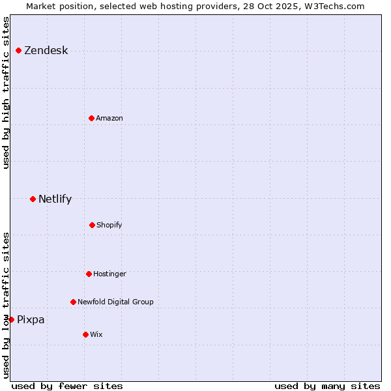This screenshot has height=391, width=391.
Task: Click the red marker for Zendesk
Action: [18, 50]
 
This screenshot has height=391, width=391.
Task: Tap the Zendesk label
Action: [46, 51]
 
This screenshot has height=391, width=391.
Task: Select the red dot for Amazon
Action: [91, 118]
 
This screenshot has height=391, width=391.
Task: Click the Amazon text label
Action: [109, 118]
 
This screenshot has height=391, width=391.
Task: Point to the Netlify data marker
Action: [33, 199]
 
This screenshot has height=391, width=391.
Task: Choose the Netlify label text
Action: [55, 199]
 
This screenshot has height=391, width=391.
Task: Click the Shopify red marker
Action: [92, 225]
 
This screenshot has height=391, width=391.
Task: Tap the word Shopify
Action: [109, 225]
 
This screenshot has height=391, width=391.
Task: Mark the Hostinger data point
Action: [89, 274]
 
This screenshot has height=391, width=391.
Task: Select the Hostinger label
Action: [109, 274]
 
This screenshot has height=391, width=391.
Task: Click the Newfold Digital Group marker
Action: [73, 302]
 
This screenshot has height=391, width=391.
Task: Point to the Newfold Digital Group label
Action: [115, 302]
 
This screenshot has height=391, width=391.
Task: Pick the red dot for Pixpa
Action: [11, 319]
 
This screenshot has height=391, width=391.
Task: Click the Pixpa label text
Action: [31, 320]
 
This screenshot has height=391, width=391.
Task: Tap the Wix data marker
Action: [85, 334]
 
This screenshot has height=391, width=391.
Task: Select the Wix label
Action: [96, 334]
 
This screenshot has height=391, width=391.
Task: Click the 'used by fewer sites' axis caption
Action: [67, 386]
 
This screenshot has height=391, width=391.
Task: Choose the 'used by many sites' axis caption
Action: [327, 386]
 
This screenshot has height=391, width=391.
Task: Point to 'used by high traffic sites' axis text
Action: [6, 93]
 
